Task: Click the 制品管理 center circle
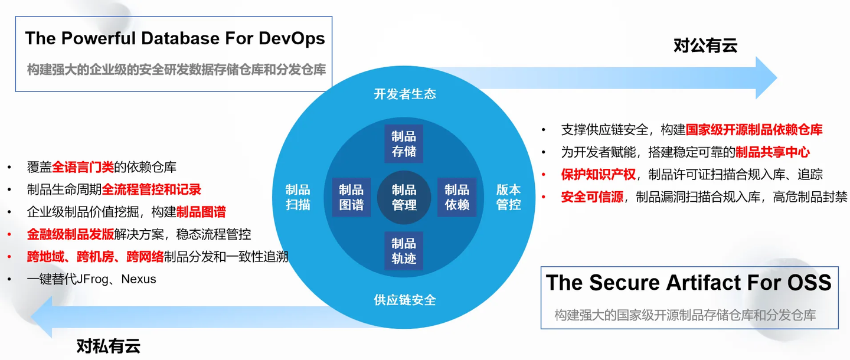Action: tap(404, 197)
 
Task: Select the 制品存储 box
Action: tap(404, 144)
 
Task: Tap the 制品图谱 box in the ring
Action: tap(351, 197)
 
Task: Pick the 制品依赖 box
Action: tap(457, 197)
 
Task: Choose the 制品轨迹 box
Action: tap(404, 251)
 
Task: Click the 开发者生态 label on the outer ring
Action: tap(405, 94)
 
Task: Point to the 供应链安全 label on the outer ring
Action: tap(405, 300)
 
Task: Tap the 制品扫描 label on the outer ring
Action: tap(298, 197)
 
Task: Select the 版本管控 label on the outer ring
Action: tap(508, 197)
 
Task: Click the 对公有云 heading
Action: tap(705, 45)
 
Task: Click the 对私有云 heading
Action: tap(109, 346)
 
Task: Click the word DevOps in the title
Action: tap(292, 39)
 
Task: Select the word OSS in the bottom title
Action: tap(809, 283)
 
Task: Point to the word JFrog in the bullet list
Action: tap(92, 279)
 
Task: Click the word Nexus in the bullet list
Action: tap(139, 279)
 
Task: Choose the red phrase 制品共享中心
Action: tap(773, 152)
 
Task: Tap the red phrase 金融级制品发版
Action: tap(70, 234)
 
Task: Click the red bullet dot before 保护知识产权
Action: tap(544, 175)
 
